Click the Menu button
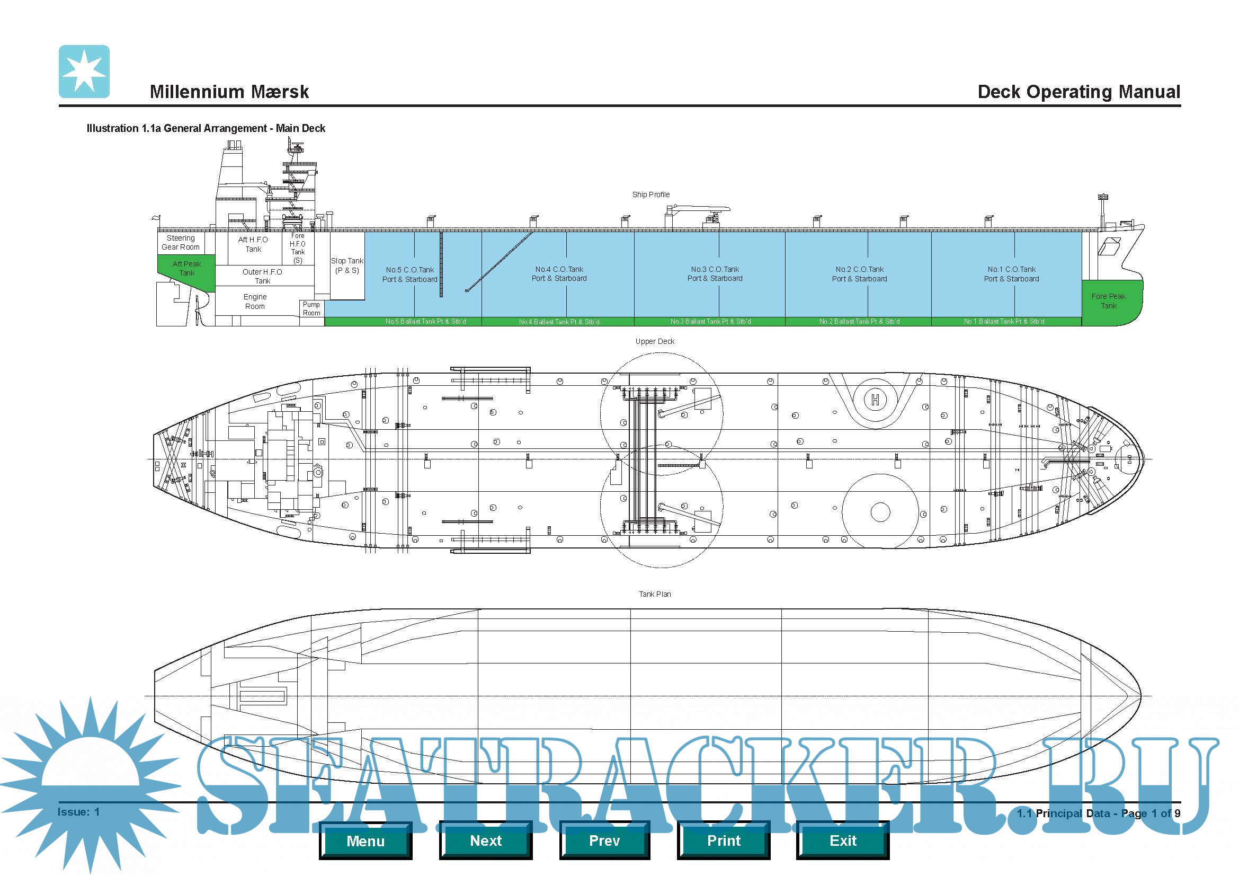click(x=366, y=840)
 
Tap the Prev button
click(x=604, y=840)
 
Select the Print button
click(x=724, y=840)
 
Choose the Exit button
click(x=842, y=840)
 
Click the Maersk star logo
click(x=84, y=71)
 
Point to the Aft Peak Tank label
click(x=186, y=268)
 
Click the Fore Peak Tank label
click(x=1108, y=301)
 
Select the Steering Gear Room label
click(x=180, y=242)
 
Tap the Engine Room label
click(x=255, y=302)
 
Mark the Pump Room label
click(x=311, y=309)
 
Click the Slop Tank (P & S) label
click(x=347, y=266)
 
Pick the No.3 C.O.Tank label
click(x=715, y=273)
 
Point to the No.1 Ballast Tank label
click(x=1004, y=322)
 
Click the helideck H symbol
click(x=875, y=400)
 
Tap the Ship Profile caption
click(x=651, y=194)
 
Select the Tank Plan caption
click(x=655, y=594)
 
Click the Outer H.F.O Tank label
click(x=262, y=276)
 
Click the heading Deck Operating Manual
click(x=1078, y=92)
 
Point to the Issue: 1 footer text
click(x=79, y=812)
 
